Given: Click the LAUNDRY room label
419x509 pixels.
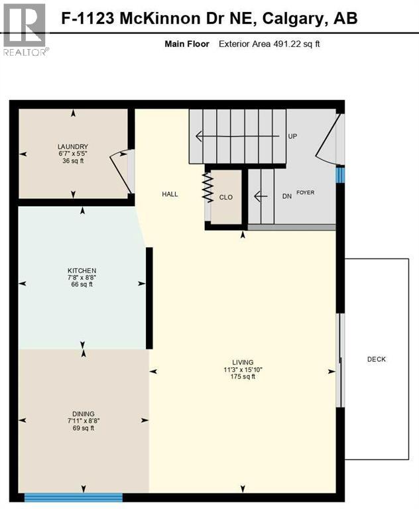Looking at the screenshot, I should click(x=73, y=146).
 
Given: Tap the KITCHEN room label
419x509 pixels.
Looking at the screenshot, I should click(x=82, y=270).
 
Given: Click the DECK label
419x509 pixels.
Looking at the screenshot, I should click(x=376, y=359).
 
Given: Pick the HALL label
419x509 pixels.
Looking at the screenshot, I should click(x=170, y=194).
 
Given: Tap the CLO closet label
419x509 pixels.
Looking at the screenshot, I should click(x=225, y=198).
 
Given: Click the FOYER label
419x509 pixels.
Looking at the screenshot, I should click(x=305, y=193).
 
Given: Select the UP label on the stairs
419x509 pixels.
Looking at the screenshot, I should click(x=292, y=137).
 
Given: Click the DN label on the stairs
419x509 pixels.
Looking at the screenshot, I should click(x=287, y=196).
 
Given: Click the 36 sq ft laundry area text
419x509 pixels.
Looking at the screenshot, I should click(x=73, y=161).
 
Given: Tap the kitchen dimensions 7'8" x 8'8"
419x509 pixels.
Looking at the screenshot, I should click(x=82, y=278).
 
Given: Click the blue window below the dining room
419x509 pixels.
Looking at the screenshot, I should click(x=74, y=497).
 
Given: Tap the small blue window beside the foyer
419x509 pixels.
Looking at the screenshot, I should click(x=340, y=174).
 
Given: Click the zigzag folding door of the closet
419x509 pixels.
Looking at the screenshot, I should click(x=206, y=188).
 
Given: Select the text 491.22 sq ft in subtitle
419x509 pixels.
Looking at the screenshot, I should click(x=297, y=44).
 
